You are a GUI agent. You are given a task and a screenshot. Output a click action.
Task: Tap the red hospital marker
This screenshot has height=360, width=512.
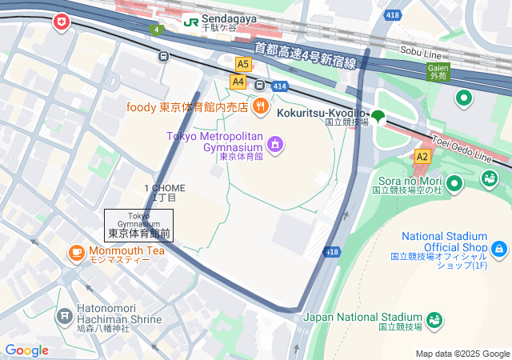pos(61,23)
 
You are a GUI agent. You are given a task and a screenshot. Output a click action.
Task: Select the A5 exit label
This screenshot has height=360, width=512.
pos(243,63)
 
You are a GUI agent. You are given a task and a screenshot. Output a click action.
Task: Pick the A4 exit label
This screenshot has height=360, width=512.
pos(238,81)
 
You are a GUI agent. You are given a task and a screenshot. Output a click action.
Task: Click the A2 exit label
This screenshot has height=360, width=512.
pos(422,157)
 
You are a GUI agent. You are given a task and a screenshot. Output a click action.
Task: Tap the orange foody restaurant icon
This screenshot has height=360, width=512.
pos(260,106)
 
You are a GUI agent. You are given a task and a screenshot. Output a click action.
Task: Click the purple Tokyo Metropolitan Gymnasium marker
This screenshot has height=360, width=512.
pos(275,144)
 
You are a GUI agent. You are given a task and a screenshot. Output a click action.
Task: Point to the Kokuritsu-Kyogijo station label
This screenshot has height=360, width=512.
pos(322,113)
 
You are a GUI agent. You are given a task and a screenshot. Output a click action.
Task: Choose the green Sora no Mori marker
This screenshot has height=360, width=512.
pos(455,185)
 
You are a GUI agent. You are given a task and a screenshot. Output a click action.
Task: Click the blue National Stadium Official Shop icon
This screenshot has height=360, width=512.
pos(500,250)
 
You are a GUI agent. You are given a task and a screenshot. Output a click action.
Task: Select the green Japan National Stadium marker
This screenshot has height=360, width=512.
pos(436,321)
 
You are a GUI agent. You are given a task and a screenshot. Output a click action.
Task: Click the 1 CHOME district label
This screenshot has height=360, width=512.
pos(165,192)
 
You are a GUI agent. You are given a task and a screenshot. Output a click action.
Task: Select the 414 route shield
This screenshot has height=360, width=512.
pos(279,86)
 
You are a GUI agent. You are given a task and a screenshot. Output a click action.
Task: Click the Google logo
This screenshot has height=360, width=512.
pos(26,350)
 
